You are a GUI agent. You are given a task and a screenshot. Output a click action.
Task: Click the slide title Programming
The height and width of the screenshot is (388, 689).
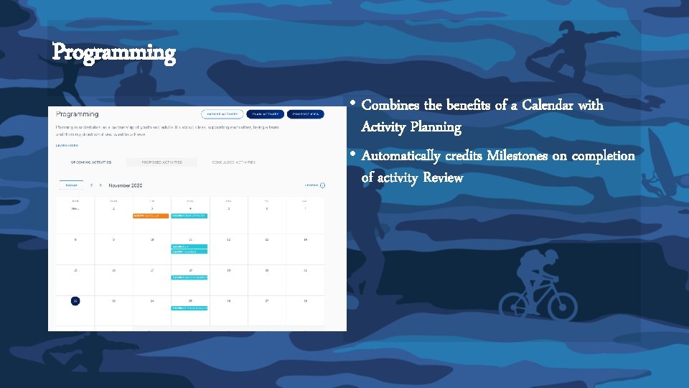(x=113, y=53)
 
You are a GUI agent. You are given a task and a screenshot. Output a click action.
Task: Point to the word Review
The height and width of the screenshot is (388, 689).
(x=443, y=177)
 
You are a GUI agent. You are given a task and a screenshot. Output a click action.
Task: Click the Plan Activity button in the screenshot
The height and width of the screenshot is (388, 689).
(x=265, y=114)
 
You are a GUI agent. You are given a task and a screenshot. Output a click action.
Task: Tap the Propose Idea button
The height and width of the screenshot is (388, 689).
(x=306, y=114)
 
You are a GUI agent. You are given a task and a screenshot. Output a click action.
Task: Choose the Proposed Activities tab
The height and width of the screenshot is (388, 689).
(x=161, y=162)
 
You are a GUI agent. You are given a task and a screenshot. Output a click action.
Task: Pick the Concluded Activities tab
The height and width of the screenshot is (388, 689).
(x=233, y=162)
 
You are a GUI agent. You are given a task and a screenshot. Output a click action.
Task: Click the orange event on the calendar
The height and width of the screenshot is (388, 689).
(x=151, y=216)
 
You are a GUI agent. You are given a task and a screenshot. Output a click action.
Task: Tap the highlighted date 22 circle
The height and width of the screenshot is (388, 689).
(x=75, y=301)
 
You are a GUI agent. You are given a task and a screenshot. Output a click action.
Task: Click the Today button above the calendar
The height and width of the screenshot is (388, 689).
(x=72, y=185)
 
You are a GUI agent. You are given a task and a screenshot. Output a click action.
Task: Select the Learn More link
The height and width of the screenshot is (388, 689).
(x=67, y=145)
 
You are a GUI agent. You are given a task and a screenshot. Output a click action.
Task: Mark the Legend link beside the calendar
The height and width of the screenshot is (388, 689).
(x=314, y=185)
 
